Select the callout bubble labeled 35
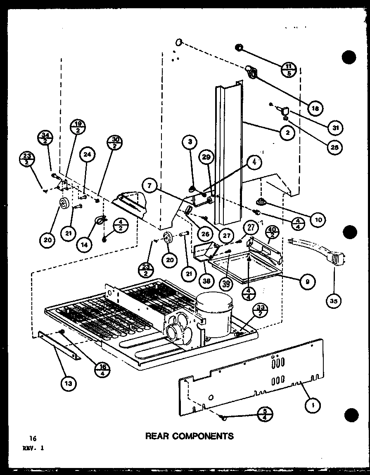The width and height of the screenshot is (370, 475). click(334, 301)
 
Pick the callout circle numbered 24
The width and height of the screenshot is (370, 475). click(87, 154)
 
